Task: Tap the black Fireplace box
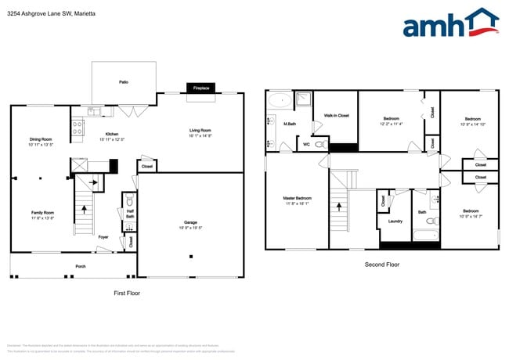(201, 89)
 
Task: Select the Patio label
(123, 81)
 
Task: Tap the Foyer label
(103, 236)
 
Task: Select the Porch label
(80, 267)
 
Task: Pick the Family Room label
(42, 213)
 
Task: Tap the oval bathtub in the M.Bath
(278, 100)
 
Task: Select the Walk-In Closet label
(336, 116)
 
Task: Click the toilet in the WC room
(320, 144)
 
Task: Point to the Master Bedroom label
(297, 198)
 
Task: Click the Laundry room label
(395, 221)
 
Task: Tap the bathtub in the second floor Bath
(428, 236)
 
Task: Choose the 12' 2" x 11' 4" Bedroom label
(391, 119)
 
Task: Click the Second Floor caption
(381, 265)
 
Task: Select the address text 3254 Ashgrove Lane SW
(35, 13)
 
